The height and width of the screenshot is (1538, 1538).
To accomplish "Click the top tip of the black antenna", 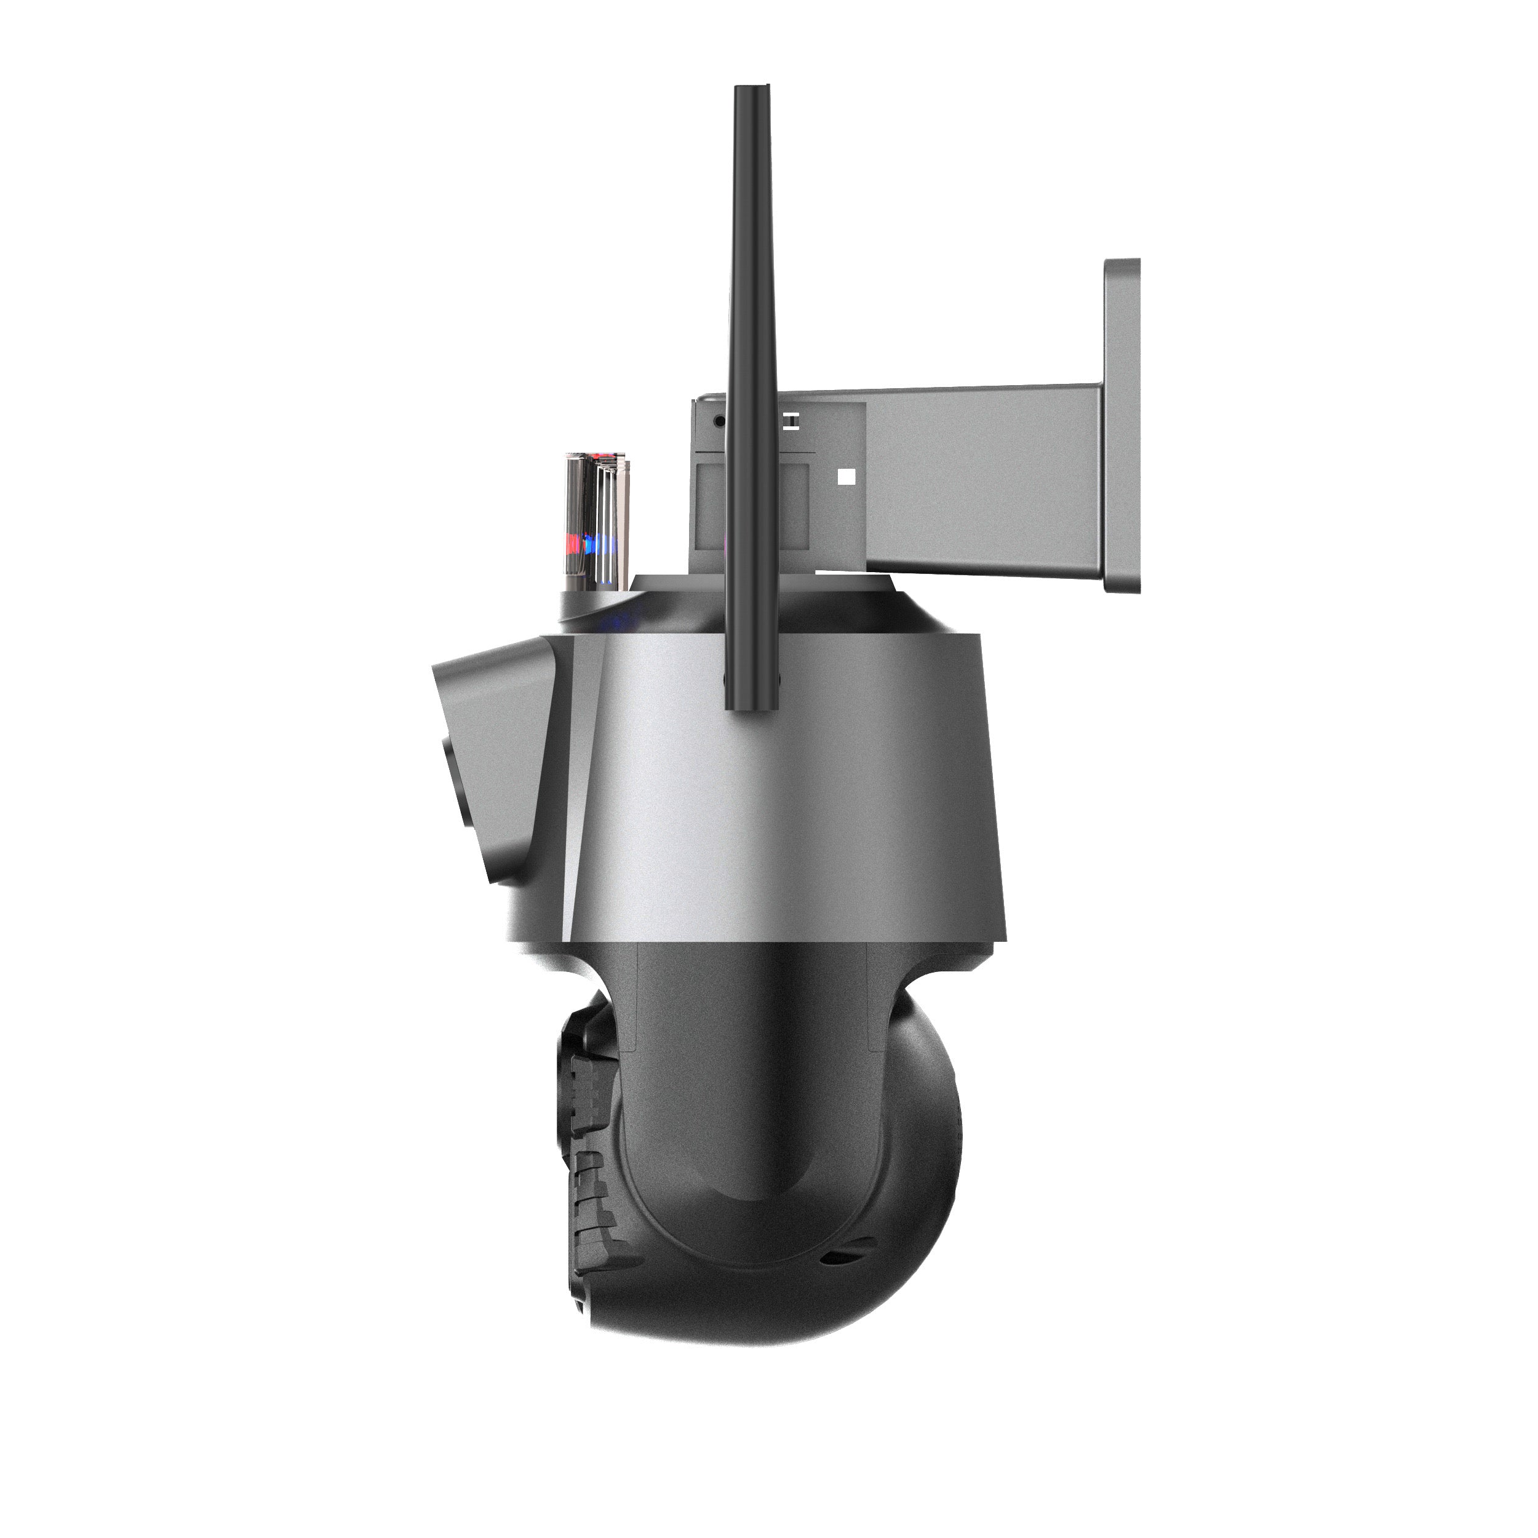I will click(x=752, y=89).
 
